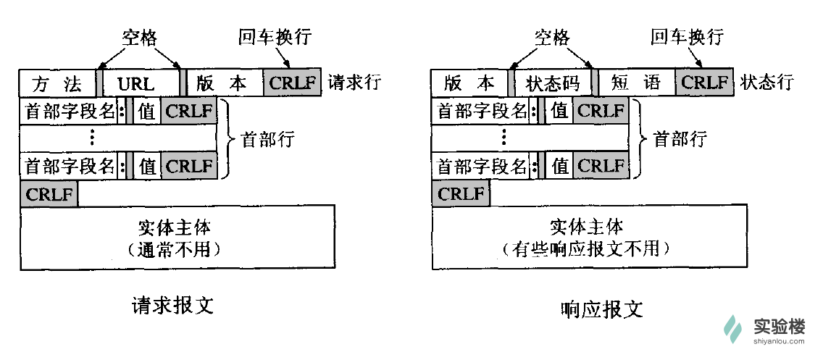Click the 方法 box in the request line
click(x=57, y=83)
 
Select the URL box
click(x=140, y=83)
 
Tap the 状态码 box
click(x=551, y=83)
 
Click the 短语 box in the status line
click(x=635, y=83)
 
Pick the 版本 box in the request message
click(x=223, y=83)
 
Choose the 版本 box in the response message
click(x=469, y=83)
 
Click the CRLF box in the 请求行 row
click(x=293, y=83)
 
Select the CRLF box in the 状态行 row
click(x=705, y=83)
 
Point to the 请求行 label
click(x=355, y=83)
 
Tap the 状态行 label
click(x=767, y=83)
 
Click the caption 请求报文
click(x=172, y=304)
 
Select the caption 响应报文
click(x=601, y=309)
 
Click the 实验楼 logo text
click(x=779, y=327)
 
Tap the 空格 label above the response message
click(x=552, y=37)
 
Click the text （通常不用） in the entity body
click(x=177, y=250)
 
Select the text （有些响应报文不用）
click(x=590, y=250)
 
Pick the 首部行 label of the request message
click(x=268, y=140)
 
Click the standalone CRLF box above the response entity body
click(x=461, y=194)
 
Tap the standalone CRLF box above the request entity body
click(x=49, y=194)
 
